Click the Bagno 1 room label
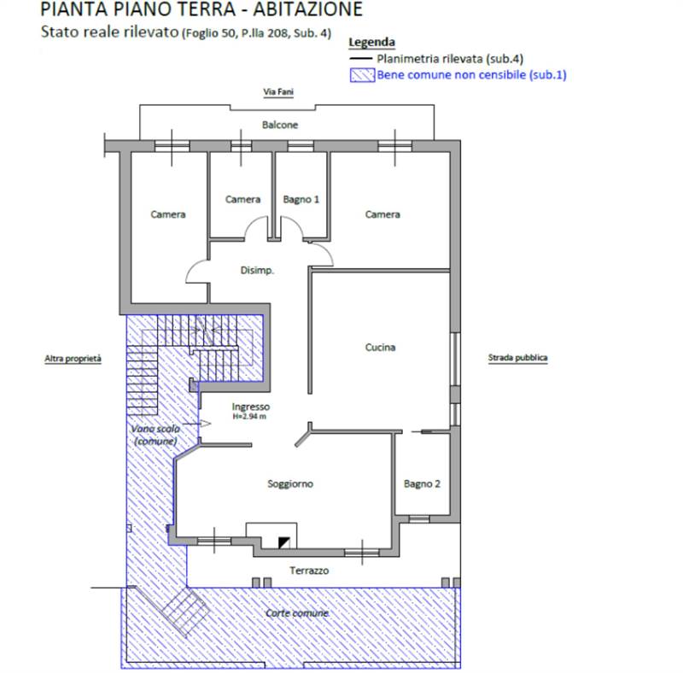click(x=301, y=200)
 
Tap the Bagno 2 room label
click(x=422, y=484)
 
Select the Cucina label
click(x=380, y=348)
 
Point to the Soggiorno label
click(x=290, y=484)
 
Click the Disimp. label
click(x=257, y=270)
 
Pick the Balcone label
click(x=280, y=125)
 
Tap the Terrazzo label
click(x=309, y=571)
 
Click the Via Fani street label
click(x=278, y=92)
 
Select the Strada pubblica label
click(x=517, y=358)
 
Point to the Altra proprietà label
click(x=73, y=359)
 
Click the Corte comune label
click(x=297, y=613)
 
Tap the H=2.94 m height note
click(x=249, y=417)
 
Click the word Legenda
click(x=371, y=43)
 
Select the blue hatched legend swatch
click(x=362, y=75)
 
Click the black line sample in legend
click(x=360, y=59)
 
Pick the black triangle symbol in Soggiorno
click(x=284, y=542)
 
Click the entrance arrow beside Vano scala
click(x=197, y=424)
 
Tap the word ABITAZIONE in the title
click(x=307, y=9)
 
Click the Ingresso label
click(x=250, y=407)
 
